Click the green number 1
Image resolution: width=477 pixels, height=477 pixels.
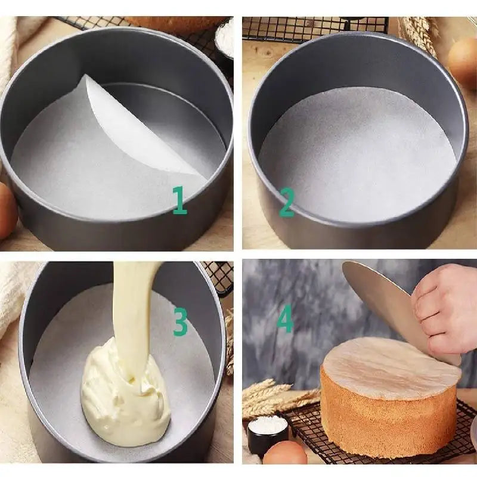point(179,200)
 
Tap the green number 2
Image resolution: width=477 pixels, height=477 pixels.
point(287,202)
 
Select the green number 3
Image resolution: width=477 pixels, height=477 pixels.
point(181,321)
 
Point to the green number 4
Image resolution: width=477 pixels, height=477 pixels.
point(285,318)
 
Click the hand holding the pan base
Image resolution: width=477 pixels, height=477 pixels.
point(444,314)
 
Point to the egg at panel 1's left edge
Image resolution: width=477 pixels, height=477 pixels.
point(7,210)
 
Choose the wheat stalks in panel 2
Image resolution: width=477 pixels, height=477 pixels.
point(419,33)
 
